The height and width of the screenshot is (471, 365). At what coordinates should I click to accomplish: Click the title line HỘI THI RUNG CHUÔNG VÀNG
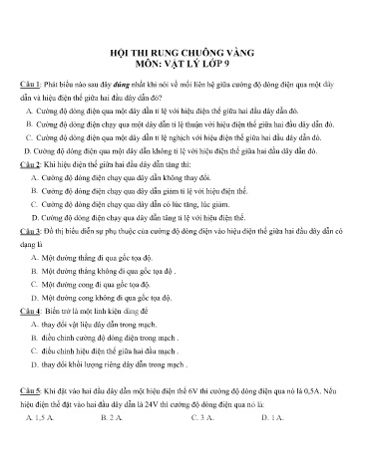point(182,59)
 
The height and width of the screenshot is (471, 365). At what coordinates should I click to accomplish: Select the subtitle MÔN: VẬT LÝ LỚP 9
point(182,72)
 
